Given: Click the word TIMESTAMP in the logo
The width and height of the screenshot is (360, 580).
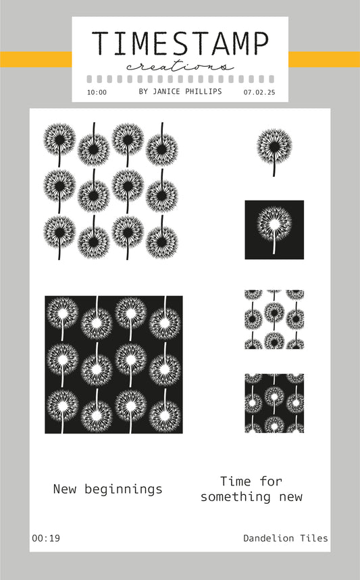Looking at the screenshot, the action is click(180, 44).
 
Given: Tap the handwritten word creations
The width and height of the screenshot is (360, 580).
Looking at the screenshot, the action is click(180, 67).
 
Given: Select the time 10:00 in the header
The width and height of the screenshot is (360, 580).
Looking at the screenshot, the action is click(97, 93).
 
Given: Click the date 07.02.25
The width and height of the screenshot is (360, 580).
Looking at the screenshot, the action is click(259, 93).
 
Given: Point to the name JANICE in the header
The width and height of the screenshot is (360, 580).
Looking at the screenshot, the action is click(166, 91).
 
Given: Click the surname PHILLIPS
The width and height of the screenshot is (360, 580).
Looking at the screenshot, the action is click(203, 91).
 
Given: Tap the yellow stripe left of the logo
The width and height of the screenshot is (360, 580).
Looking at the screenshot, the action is click(36, 59).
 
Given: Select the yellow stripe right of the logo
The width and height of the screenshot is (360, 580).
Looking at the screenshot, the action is click(324, 59).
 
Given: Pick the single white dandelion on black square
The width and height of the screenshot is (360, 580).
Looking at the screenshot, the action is click(274, 230).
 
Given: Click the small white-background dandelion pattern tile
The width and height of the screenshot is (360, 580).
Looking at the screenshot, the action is click(274, 319).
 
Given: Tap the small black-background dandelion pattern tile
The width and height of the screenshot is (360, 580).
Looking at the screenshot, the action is click(274, 403).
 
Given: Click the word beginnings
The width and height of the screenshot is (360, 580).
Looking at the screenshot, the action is click(123, 490).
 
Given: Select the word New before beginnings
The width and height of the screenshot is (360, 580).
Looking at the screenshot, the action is click(65, 489).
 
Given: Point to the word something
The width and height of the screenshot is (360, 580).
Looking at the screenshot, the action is click(236, 497).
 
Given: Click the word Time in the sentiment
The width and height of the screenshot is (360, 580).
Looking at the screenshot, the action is click(236, 481).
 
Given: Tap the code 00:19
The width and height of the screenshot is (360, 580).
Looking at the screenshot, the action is click(46, 538).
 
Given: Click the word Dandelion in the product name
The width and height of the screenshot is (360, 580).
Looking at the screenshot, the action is click(269, 538).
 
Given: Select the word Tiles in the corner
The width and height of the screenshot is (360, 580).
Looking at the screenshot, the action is click(314, 538).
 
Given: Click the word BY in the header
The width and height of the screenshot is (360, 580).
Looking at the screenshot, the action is click(144, 91).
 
